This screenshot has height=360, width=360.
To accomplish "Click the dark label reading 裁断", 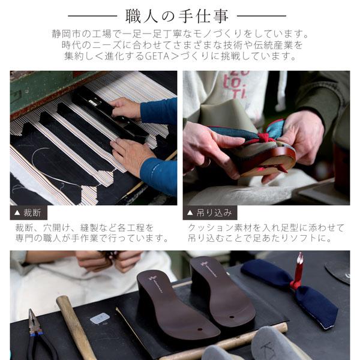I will pos(28,212).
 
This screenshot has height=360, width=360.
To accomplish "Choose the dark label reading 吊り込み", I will pos(210,212).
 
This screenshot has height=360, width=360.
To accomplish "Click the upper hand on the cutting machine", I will pos(127,109).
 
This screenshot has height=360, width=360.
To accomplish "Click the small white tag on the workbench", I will pos(100,318).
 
